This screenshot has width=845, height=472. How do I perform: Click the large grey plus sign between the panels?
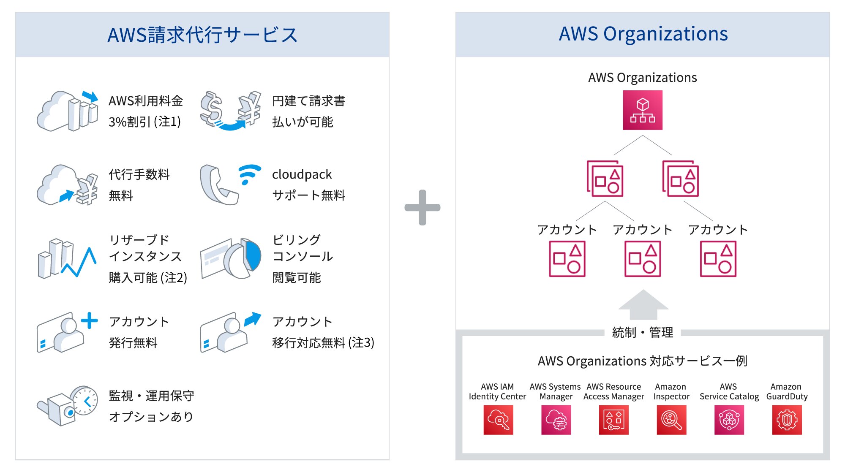pos(422,207)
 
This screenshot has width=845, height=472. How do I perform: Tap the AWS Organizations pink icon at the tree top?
pos(642,110)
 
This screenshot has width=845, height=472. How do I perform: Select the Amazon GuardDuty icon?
pos(787,420)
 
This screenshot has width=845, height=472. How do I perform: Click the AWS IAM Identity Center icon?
pos(498,420)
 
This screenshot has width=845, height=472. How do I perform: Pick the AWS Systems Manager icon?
pos(556,420)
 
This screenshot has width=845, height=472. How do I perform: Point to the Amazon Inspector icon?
pos(671,420)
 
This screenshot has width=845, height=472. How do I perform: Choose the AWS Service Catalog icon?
pos(729,420)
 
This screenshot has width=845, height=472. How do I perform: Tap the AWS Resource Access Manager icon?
pos(613,420)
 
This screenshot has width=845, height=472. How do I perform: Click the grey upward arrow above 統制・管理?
pos(643,304)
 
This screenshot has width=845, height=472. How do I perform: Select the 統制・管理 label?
pos(643,333)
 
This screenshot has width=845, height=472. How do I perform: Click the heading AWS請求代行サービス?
pos(202,35)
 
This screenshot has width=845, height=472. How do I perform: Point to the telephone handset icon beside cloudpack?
pos(218,185)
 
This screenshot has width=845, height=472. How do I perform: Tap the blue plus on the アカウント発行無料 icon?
pos(89,320)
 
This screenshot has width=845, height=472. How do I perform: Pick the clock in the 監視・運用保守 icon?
pos(85,400)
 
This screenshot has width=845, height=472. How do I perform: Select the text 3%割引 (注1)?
pos(144,122)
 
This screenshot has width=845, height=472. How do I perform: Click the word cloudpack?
pos(302,174)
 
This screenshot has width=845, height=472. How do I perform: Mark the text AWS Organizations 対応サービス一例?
pos(642,361)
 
